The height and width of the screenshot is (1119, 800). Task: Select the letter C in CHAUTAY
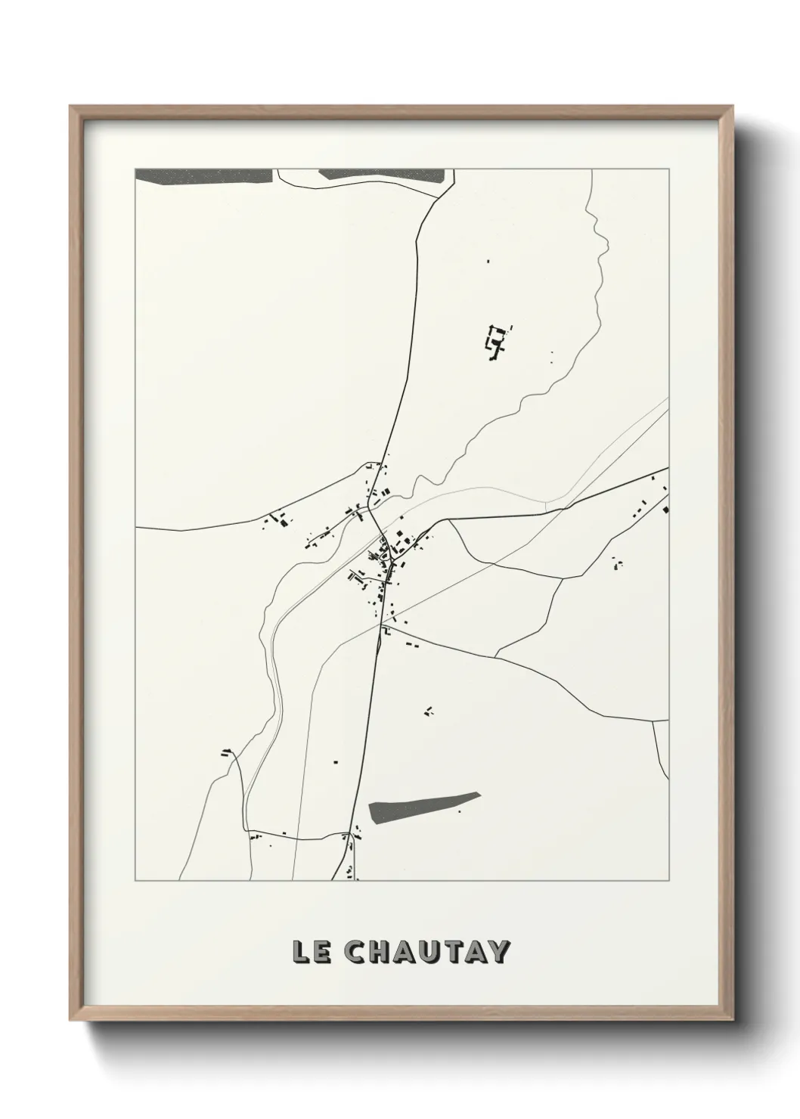tap(355, 953)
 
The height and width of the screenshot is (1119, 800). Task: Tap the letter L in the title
tap(300, 953)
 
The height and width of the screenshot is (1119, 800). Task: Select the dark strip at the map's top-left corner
tap(203, 175)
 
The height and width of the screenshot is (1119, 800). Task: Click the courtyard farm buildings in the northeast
tap(496, 342)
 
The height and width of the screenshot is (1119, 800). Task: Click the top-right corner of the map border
tap(668, 169)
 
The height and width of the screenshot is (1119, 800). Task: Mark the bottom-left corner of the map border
tap(135, 881)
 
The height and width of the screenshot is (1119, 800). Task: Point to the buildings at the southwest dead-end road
tap(226, 752)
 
